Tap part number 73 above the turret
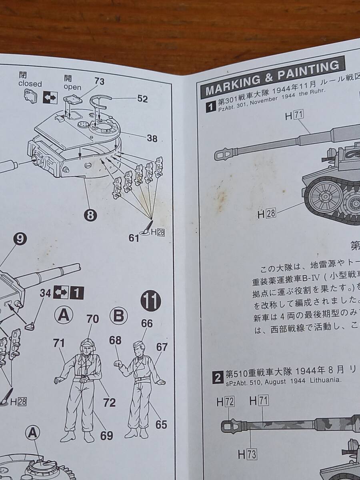coord(99,81)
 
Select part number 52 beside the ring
coord(142,99)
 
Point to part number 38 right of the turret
coord(152,138)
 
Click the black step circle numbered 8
coord(90,215)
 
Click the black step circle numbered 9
coord(21,239)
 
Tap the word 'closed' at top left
coord(30,84)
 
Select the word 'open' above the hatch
coord(72,87)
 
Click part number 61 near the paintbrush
coord(134,238)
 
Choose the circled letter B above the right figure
coord(118,316)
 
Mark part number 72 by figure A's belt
coord(109,402)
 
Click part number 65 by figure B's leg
coord(161,424)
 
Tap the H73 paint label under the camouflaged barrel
coord(247,454)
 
